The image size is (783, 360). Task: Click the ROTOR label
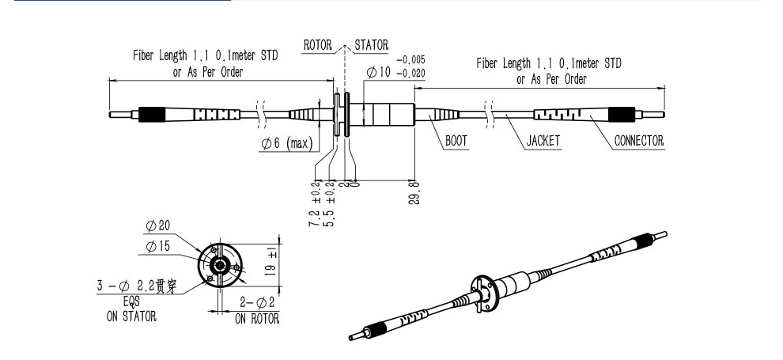(318, 45)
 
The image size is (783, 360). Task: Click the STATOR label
(371, 45)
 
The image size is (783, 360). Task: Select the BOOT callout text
(456, 141)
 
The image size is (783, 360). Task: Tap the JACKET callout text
(543, 141)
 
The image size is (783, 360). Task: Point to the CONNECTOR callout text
(639, 141)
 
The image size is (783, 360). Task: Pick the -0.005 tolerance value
(410, 59)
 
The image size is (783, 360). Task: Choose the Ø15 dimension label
(157, 247)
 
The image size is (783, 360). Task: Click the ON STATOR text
(131, 316)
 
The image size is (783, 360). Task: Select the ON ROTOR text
(256, 318)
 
